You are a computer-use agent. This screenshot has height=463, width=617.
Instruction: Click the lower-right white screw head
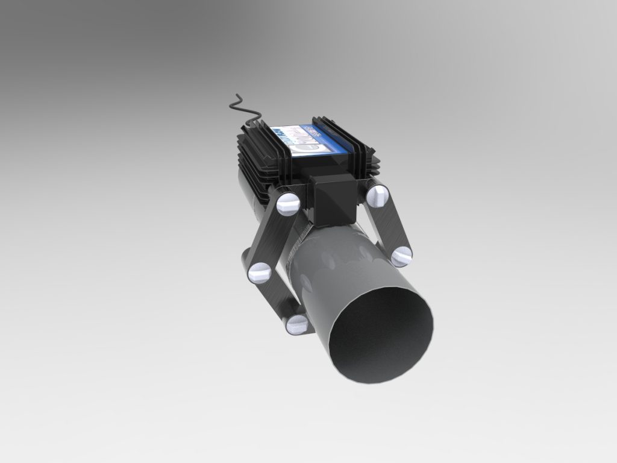coord(401,256)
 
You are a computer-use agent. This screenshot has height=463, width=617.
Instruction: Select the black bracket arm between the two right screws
coord(389,226)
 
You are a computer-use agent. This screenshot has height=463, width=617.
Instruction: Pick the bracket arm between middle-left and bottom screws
coord(278,299)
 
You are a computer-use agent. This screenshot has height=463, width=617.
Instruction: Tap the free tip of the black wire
coord(231,107)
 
